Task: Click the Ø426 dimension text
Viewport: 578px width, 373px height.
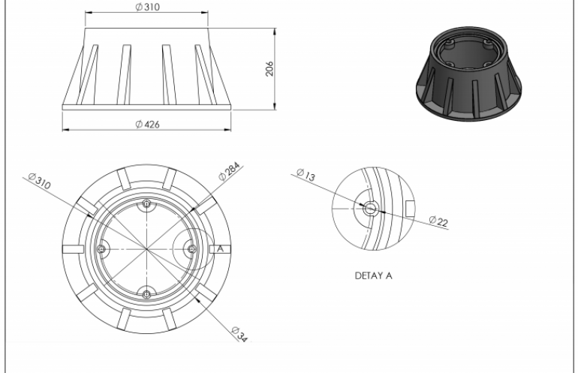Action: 147,125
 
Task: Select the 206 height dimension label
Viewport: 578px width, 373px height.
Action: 269,69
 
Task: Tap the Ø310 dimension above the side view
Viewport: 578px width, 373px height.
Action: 147,7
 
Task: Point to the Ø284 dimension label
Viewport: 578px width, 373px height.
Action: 229,171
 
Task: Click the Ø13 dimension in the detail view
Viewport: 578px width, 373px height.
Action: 306,174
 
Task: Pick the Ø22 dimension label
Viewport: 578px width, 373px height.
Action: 438,221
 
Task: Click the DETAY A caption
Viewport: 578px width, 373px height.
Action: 373,275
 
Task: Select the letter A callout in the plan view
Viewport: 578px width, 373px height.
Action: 220,248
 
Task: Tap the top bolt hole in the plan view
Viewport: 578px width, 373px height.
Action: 146,204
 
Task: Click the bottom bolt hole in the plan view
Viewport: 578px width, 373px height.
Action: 146,294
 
